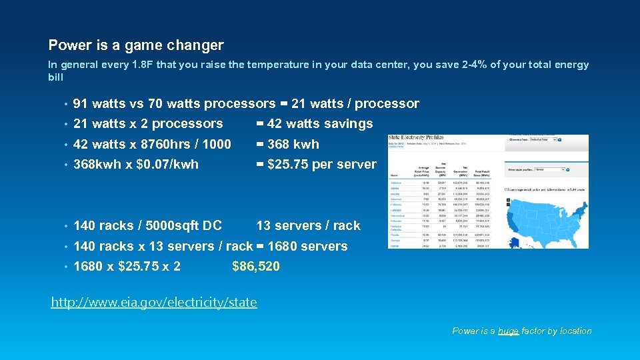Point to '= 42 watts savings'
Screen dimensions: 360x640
coord(315,124)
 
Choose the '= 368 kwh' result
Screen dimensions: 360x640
coord(288,144)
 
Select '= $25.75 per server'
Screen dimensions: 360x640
coord(317,164)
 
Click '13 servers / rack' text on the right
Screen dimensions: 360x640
coord(308,225)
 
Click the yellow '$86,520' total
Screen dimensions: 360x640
coord(256,267)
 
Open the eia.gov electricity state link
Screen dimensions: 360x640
coord(154,303)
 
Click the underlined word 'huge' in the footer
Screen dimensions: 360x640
coord(508,331)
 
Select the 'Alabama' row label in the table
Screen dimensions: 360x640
coord(397,182)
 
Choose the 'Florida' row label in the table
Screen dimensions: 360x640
coord(396,235)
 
